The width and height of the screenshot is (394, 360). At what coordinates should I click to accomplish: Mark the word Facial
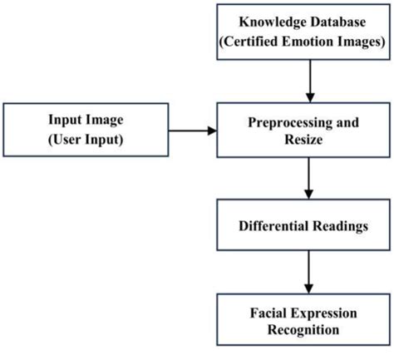[x=272, y=313]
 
